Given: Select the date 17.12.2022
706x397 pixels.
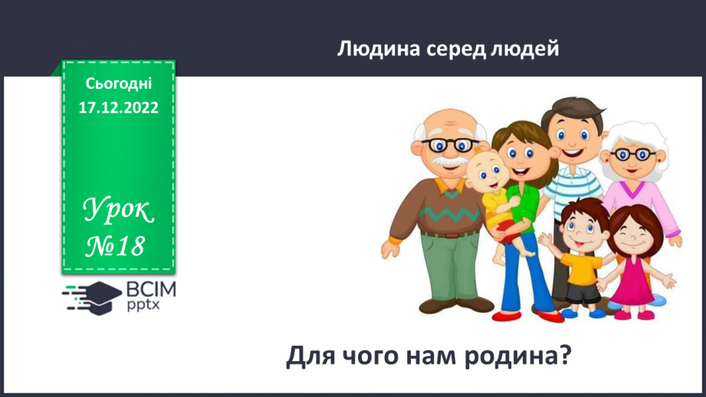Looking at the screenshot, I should [x=118, y=108].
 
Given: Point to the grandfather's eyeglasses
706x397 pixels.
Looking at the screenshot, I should [x=449, y=144].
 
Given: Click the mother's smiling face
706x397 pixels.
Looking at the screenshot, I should [x=520, y=157].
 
